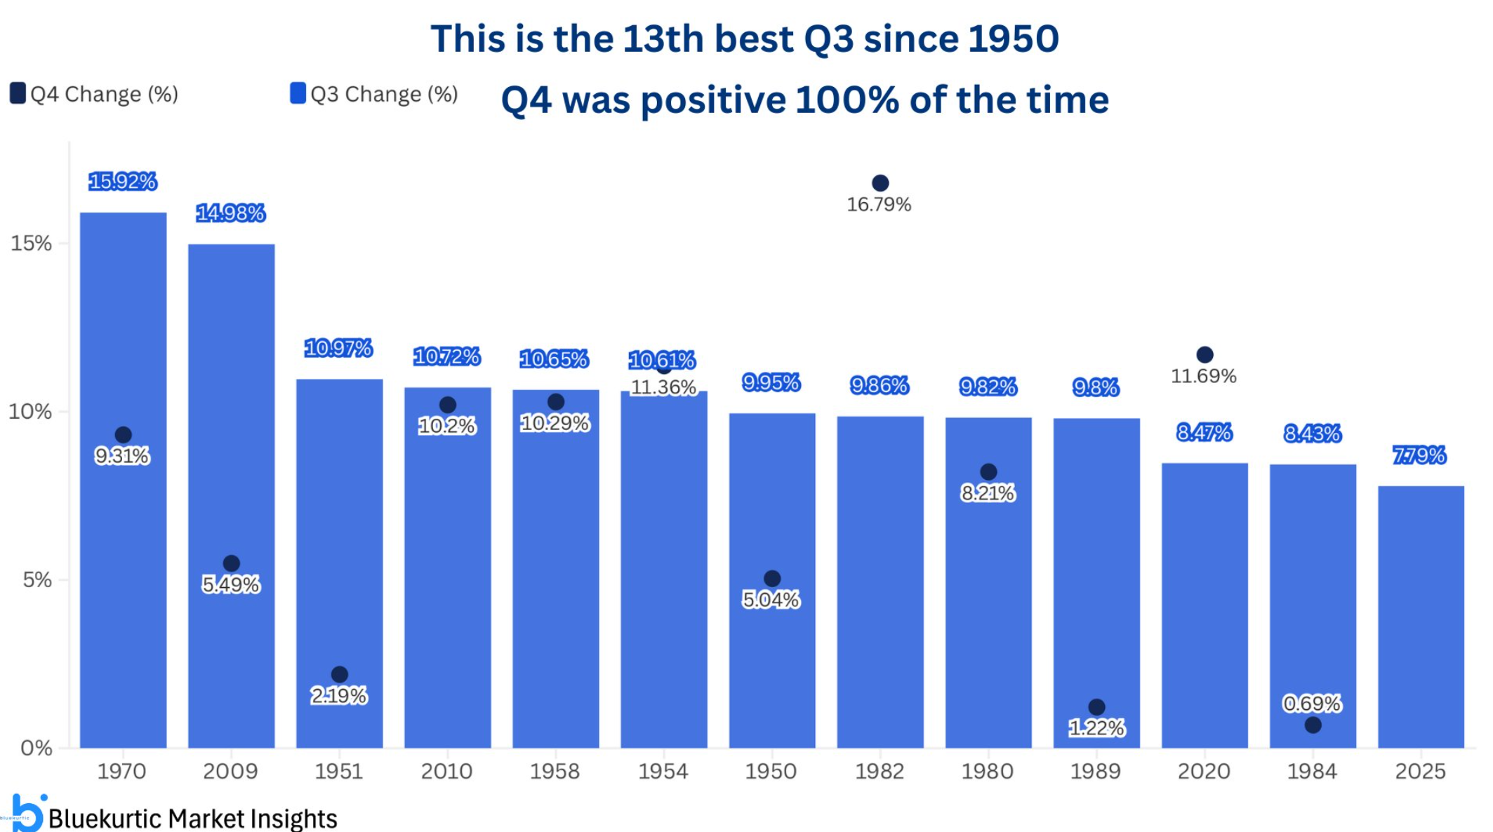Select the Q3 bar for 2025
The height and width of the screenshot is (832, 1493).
coord(1420,617)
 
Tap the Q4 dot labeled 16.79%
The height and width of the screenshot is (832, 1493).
coord(880,183)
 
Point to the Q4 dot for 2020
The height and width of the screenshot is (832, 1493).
coord(1205,355)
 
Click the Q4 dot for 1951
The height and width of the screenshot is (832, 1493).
coord(339,675)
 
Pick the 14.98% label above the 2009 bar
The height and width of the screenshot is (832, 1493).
coord(230,213)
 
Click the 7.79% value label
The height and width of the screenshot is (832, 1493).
coord(1419,455)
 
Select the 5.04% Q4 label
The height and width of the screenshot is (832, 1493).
coord(771,600)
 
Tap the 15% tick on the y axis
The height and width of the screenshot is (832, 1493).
coord(32,243)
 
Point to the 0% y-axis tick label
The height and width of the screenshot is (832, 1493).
coord(36,748)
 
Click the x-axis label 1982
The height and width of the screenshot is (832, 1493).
coord(880,772)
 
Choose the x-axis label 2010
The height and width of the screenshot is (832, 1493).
coord(446,772)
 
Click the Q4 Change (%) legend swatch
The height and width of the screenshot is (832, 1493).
coord(18,93)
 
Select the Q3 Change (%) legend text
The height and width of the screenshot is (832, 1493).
coord(384,94)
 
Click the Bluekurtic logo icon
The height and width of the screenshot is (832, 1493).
coord(28,814)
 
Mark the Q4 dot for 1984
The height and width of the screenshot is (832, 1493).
coord(1313,725)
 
